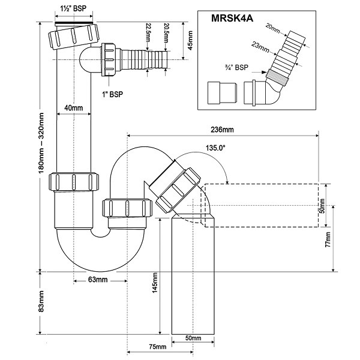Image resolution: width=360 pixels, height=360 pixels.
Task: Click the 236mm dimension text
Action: pos(221,129)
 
